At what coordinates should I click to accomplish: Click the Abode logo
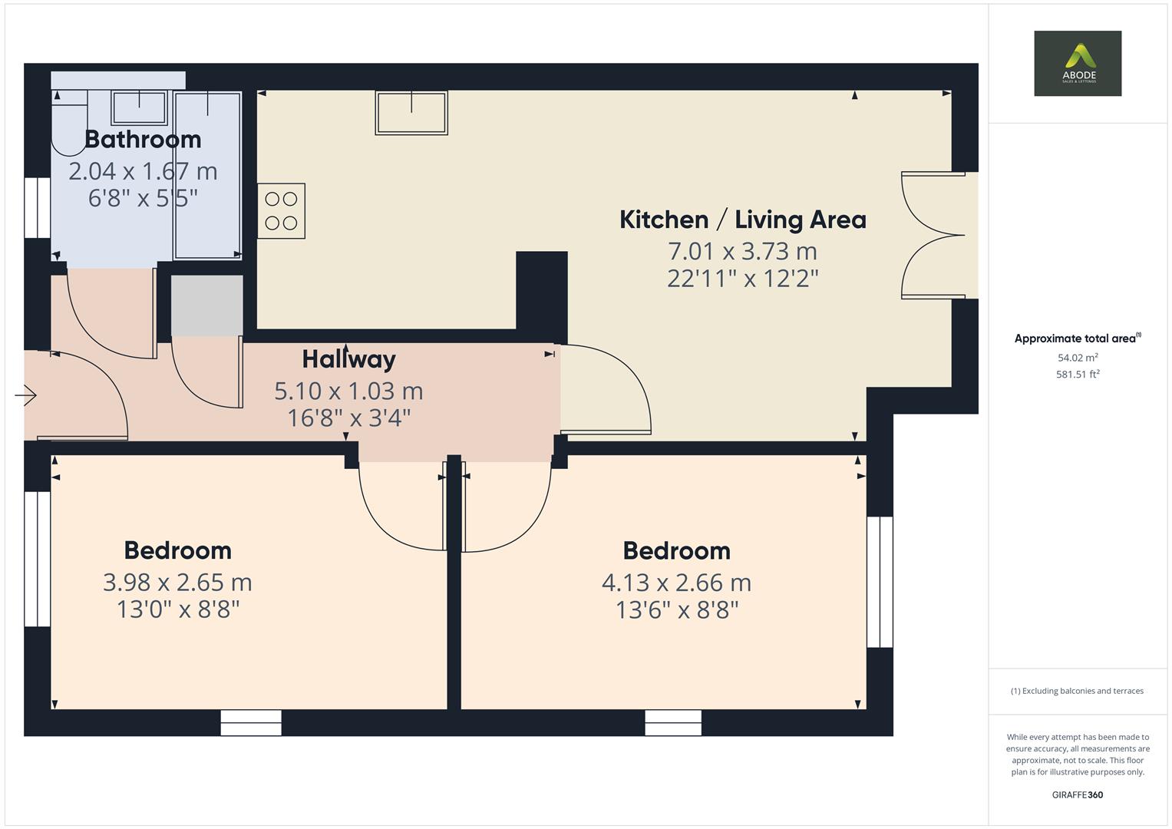pos(1077,63)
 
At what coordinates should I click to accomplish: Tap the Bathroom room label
pos(143,139)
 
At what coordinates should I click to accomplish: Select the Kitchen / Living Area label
pos(742,220)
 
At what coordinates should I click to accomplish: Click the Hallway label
pos(348,358)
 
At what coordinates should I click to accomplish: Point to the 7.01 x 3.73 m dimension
pos(742,251)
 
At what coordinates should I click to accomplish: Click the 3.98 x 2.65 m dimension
pos(177,583)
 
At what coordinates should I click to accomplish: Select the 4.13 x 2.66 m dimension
pos(676,583)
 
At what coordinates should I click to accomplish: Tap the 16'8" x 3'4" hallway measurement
pos(348,418)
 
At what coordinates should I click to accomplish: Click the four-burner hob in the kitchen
pos(281,211)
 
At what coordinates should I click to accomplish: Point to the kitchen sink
pos(411,113)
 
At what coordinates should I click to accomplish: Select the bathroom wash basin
pos(139,107)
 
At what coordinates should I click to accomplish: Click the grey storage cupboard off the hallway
pos(206,306)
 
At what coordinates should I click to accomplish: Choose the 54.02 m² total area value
pos(1077,358)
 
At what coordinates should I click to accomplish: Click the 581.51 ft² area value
pos(1077,375)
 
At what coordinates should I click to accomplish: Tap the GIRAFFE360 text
pos(1077,794)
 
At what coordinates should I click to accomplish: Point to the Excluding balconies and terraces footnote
pos(1077,691)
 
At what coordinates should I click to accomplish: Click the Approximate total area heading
pos(1077,339)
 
